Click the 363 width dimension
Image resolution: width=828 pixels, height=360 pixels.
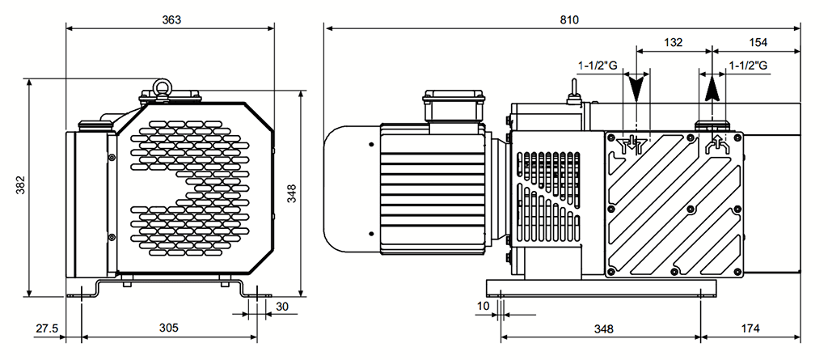click(x=171, y=19)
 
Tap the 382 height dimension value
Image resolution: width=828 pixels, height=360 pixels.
click(x=19, y=187)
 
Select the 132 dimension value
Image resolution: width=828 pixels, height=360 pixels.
click(x=673, y=41)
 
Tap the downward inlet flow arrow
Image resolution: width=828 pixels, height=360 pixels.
click(x=638, y=87)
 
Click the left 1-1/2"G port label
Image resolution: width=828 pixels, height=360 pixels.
click(x=597, y=65)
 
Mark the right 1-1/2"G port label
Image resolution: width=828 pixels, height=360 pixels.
click(x=748, y=65)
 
